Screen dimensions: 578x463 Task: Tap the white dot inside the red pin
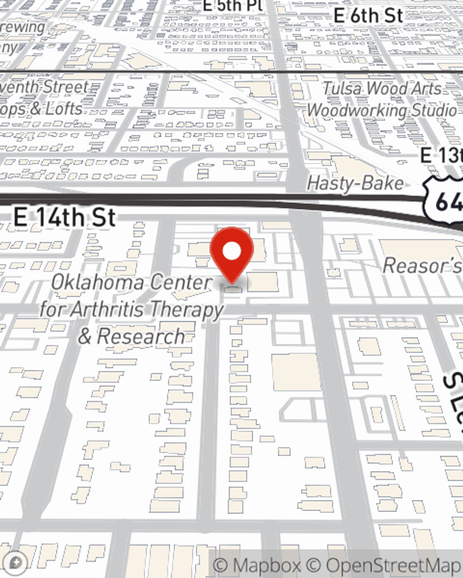tap(232, 251)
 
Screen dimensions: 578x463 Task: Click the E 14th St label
tap(64, 217)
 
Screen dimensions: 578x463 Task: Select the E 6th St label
tap(368, 15)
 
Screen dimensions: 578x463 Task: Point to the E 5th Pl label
tap(233, 5)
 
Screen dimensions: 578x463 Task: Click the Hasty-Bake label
tap(355, 184)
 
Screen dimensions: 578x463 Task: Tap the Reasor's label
tap(422, 266)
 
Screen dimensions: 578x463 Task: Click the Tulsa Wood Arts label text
tap(382, 88)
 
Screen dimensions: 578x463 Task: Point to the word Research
tap(141, 336)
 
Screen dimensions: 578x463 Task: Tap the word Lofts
tap(63, 109)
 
